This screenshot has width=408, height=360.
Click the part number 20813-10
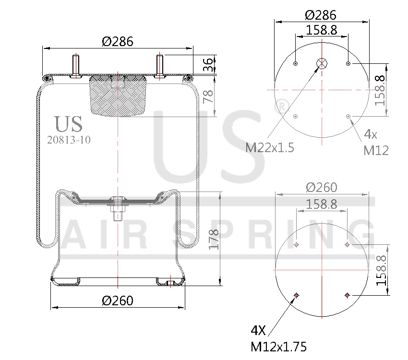(x=69, y=140)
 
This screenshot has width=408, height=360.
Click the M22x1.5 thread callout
(x=270, y=147)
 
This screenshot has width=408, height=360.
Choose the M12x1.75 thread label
(x=278, y=346)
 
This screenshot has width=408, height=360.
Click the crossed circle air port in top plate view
(x=321, y=63)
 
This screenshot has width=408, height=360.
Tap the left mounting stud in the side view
(x=75, y=66)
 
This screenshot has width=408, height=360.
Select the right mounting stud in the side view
(x=160, y=66)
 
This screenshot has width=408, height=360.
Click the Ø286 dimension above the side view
(x=118, y=42)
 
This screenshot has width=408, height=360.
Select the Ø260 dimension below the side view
(x=118, y=300)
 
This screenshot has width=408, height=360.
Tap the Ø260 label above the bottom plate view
(x=322, y=187)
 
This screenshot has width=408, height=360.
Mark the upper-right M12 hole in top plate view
(x=348, y=63)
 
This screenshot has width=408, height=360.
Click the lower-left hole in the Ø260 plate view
(x=296, y=295)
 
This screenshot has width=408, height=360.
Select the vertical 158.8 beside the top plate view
(x=380, y=90)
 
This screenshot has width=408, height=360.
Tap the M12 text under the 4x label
(x=375, y=150)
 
